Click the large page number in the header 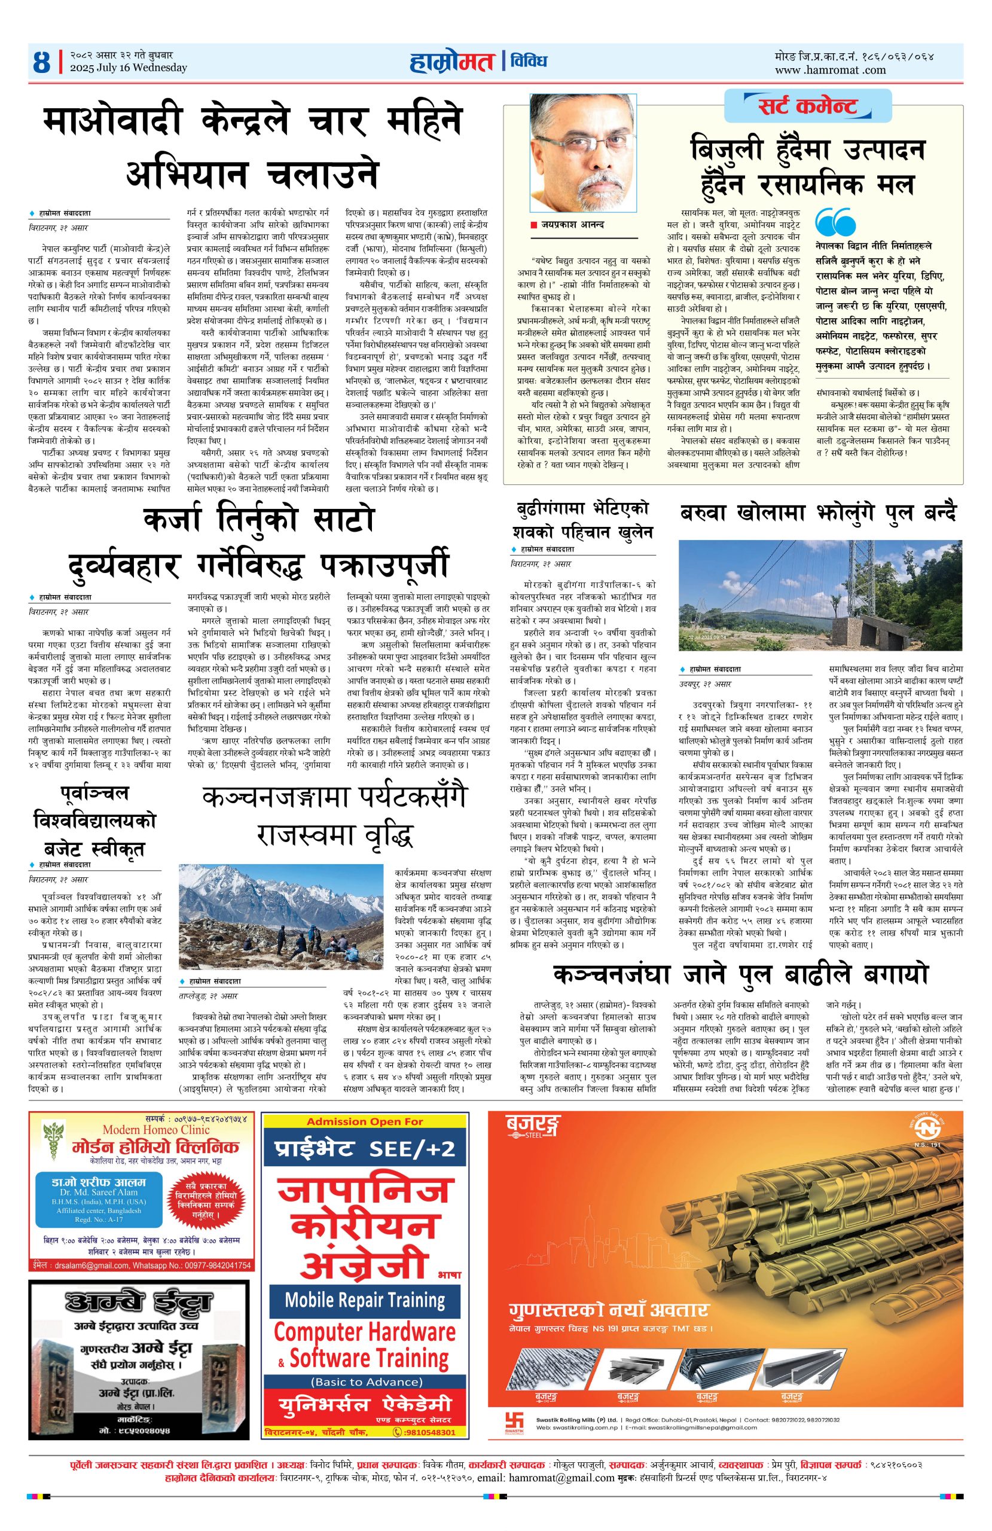pos(42,63)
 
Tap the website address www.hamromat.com pos(830,70)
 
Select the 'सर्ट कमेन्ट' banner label pos(807,105)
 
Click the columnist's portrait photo pos(583,154)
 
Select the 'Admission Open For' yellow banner pos(365,1121)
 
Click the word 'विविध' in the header pos(528,62)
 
